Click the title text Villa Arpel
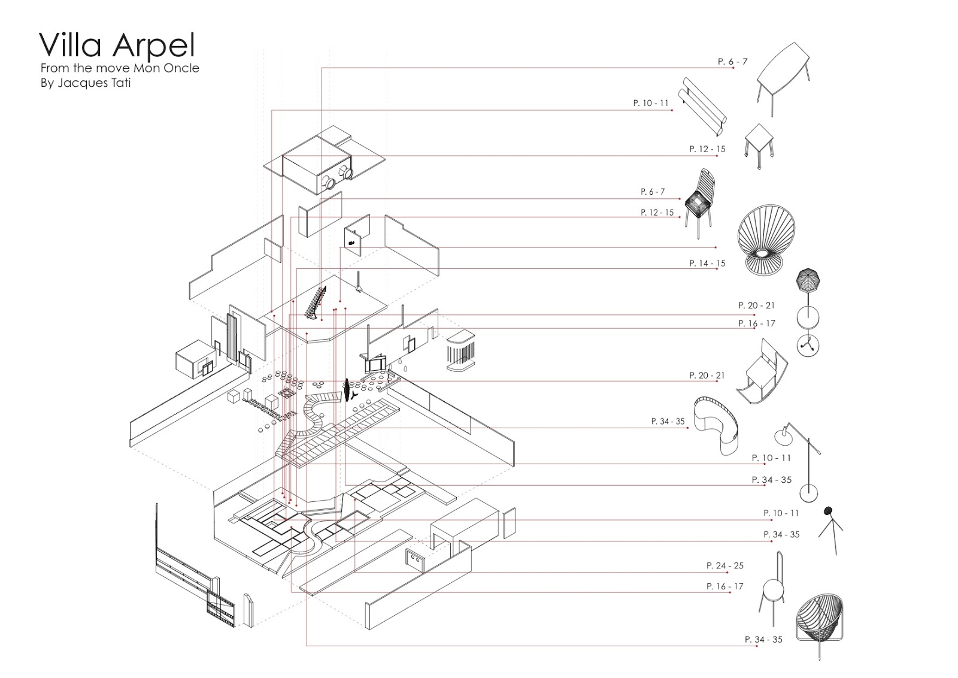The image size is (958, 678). click(x=117, y=46)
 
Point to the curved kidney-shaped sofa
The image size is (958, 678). click(x=716, y=426)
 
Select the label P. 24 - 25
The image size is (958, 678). click(x=724, y=565)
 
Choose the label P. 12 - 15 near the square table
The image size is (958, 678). click(x=707, y=149)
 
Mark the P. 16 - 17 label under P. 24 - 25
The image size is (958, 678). click(x=724, y=586)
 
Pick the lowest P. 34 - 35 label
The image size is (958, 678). click(x=763, y=639)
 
